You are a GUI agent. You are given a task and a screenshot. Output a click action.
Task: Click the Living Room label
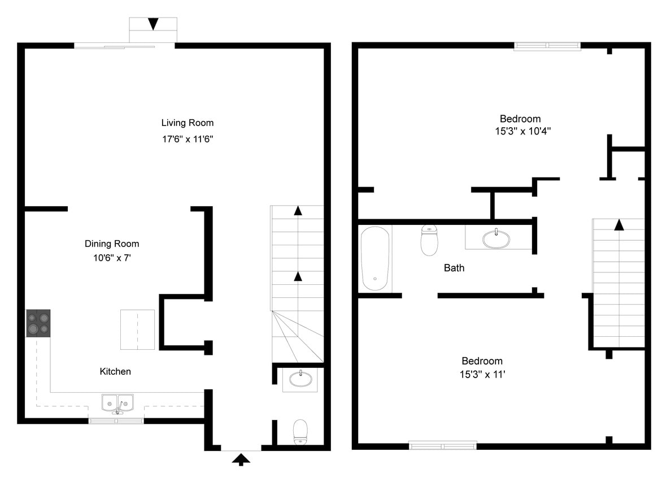point(188,123)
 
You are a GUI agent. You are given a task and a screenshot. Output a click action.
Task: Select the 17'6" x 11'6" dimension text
point(188,138)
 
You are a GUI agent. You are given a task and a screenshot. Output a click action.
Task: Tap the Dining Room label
point(112,244)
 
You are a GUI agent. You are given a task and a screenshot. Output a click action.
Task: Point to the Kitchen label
point(115,371)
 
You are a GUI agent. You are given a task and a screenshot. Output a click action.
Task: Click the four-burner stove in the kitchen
point(38,323)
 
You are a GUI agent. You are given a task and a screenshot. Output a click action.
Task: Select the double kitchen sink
point(117,403)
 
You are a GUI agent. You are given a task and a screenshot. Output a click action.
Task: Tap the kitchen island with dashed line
point(137,329)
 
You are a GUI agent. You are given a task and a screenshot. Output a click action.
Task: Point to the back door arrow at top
point(153,24)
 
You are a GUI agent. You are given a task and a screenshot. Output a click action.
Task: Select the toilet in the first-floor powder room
point(300,432)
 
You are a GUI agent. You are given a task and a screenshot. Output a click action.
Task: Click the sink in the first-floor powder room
point(300,378)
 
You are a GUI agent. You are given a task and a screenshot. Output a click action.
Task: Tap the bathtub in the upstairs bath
point(375,258)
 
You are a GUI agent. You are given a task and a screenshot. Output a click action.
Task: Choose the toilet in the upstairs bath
point(429,240)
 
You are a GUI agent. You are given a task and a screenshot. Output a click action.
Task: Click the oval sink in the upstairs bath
point(496,238)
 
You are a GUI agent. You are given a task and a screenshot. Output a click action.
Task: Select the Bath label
point(454,268)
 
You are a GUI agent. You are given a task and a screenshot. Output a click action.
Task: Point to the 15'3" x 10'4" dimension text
point(522,132)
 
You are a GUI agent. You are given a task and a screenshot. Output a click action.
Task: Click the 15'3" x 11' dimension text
point(482,374)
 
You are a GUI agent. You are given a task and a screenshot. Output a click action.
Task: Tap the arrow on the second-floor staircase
point(619,224)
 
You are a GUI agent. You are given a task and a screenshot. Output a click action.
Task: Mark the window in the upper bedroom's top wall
point(547,46)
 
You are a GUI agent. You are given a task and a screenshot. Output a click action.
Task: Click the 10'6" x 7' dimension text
point(112,258)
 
